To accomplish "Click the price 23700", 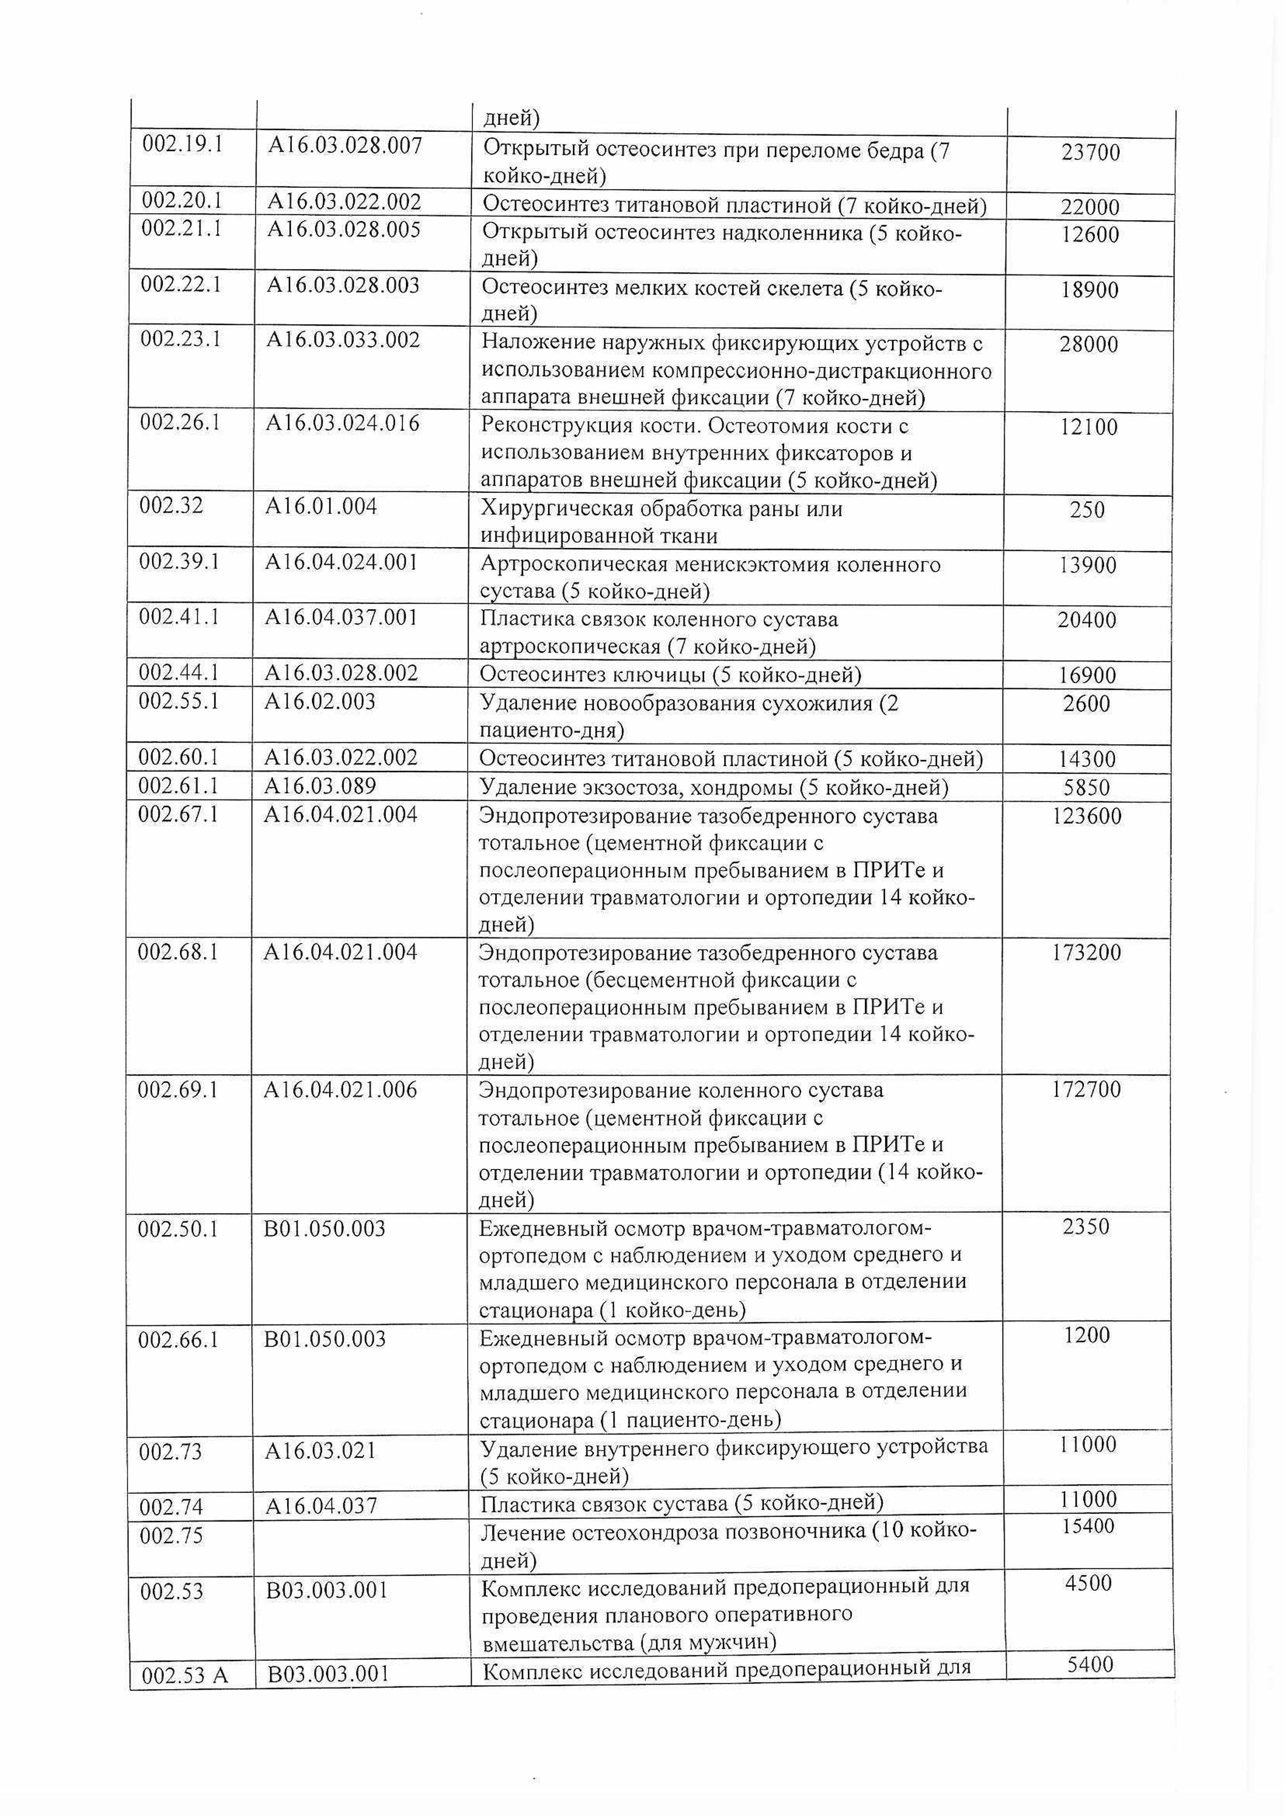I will [x=1090, y=152].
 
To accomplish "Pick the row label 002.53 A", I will [x=184, y=1676].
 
